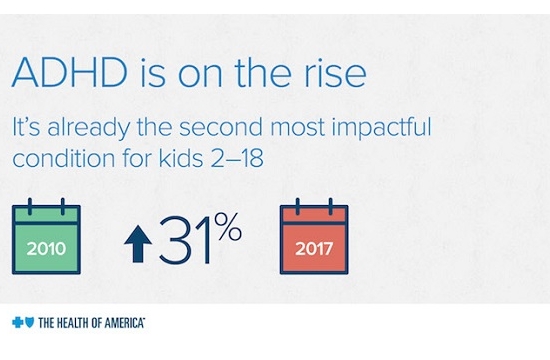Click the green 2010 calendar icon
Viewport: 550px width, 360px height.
(44, 238)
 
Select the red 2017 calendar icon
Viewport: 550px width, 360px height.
(313, 238)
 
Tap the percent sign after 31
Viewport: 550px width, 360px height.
(229, 231)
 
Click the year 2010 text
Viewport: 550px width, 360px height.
(44, 246)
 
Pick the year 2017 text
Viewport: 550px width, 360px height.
(313, 246)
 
